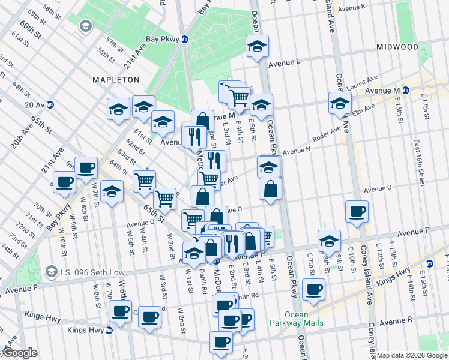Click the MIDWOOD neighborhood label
397,47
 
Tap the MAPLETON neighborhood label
116,79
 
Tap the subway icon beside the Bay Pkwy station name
185,40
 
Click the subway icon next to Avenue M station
405,91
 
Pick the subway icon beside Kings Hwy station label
109,330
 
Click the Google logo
20,353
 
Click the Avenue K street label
352,7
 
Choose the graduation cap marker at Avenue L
257,47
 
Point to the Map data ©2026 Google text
412,355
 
